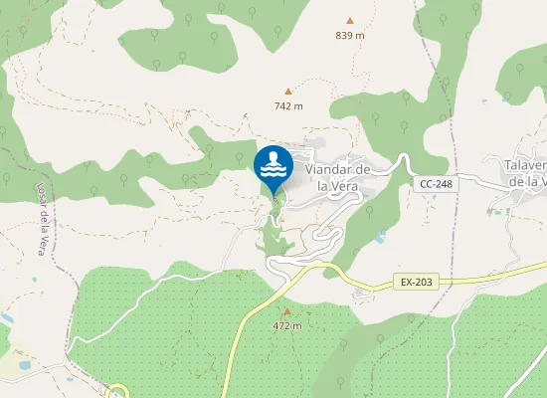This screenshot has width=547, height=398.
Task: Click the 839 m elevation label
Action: click(x=349, y=36)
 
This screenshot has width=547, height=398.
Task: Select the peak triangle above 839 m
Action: click(x=349, y=20)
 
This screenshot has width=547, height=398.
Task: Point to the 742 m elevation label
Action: click(x=287, y=105)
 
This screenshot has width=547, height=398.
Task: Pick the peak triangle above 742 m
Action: click(x=288, y=91)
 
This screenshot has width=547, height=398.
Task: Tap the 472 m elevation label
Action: click(x=286, y=326)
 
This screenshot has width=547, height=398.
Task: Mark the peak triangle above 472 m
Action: click(x=287, y=311)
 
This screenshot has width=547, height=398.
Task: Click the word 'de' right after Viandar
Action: click(x=363, y=170)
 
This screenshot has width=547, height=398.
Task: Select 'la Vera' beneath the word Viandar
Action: click(x=336, y=184)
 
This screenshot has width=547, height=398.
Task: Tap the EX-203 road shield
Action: click(x=419, y=283)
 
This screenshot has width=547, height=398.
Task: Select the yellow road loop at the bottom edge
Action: click(x=118, y=390)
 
